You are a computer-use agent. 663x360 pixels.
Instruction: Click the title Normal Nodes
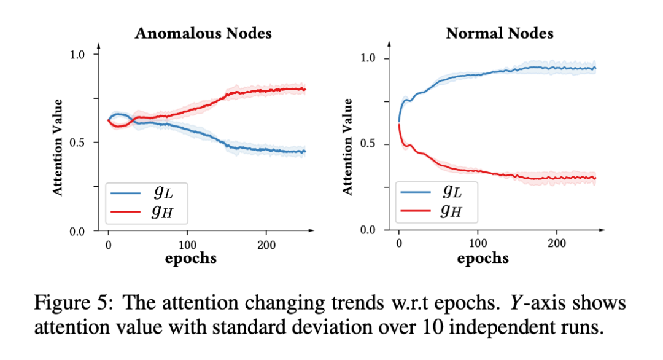(500, 33)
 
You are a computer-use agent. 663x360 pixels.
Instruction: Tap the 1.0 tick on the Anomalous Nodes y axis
(79, 54)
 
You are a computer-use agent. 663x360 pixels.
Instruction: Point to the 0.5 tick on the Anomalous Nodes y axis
(79, 143)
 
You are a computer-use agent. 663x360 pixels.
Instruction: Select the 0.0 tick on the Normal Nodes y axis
(370, 230)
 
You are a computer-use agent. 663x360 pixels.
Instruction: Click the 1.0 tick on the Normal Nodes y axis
(370, 59)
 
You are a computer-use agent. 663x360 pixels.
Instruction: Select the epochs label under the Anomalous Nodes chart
(191, 258)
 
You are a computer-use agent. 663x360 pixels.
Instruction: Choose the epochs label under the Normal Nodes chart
(483, 258)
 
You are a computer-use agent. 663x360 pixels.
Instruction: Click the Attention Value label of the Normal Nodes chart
(348, 146)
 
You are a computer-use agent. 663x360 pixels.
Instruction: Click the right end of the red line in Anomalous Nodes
(305, 89)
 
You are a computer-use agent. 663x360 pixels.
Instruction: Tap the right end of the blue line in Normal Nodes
(595, 68)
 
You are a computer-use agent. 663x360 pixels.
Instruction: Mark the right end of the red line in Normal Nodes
(595, 178)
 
